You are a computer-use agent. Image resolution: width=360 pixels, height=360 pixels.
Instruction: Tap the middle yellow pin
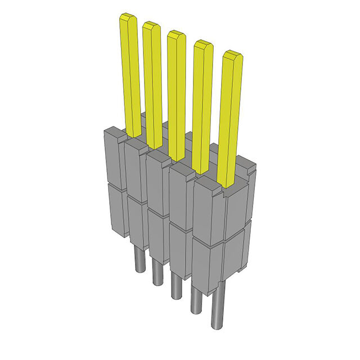point(177,93)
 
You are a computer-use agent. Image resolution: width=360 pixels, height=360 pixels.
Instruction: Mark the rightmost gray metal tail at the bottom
point(218,307)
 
